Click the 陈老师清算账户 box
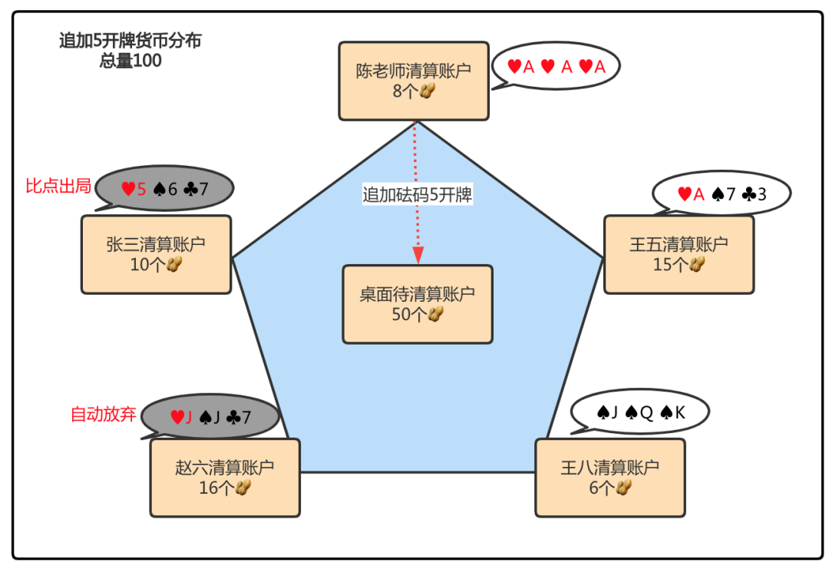pyautogui.click(x=413, y=81)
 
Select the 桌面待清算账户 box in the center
pyautogui.click(x=417, y=304)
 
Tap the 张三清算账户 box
pyautogui.click(x=156, y=254)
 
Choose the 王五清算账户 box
pyautogui.click(x=679, y=254)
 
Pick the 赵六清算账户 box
pyautogui.click(x=224, y=477)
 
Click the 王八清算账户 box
pyautogui.click(x=609, y=477)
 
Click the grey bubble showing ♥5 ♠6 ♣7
pyautogui.click(x=165, y=189)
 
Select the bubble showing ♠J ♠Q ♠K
pyautogui.click(x=640, y=413)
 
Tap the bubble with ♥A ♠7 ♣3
pyautogui.click(x=721, y=194)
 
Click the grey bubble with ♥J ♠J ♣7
pyautogui.click(x=210, y=418)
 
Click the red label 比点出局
pyautogui.click(x=58, y=186)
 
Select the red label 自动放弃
pyautogui.click(x=104, y=415)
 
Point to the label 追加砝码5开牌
pyautogui.click(x=417, y=195)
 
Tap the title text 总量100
pyautogui.click(x=130, y=61)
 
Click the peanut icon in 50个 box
pyautogui.click(x=436, y=314)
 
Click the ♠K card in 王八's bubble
pyautogui.click(x=673, y=413)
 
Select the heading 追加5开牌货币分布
pyautogui.click(x=130, y=41)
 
